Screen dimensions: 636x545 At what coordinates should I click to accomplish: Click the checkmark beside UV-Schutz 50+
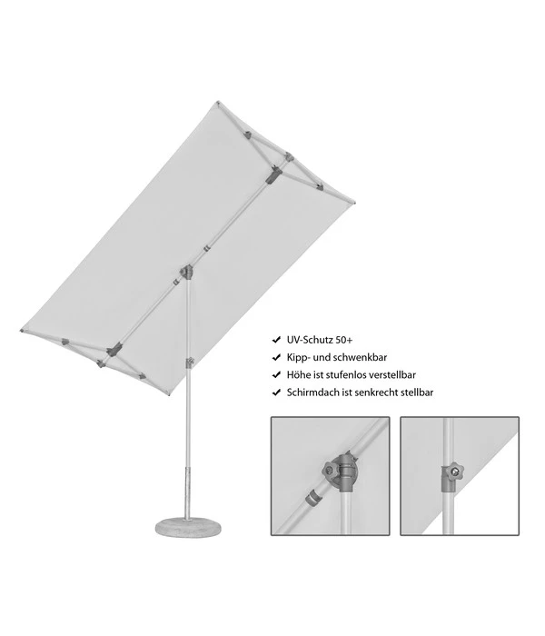(275, 338)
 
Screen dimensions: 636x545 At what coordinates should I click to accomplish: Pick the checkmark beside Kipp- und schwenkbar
(275, 356)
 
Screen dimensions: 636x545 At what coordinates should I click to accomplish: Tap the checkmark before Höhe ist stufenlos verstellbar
(275, 374)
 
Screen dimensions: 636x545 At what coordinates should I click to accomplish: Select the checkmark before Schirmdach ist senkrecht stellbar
(275, 393)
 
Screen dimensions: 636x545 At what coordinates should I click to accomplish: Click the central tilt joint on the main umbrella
(186, 272)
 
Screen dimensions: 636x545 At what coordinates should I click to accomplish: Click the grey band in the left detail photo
(313, 496)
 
